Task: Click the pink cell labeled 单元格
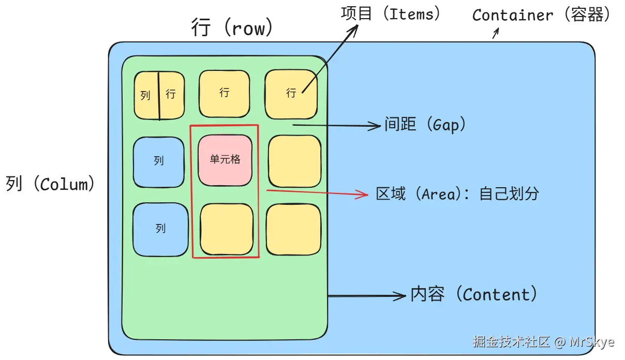[226, 160]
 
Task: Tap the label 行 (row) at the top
[231, 27]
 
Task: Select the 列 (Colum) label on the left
[51, 184]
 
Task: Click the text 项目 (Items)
[391, 13]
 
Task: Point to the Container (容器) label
[541, 15]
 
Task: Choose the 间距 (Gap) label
[425, 125]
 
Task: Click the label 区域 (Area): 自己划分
[457, 194]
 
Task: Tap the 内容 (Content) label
[474, 294]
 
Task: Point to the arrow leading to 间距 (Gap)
[336, 125]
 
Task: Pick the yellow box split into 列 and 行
[159, 95]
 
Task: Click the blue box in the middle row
[158, 161]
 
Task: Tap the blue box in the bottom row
[160, 229]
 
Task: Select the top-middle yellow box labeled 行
[224, 94]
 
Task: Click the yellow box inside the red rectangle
[227, 229]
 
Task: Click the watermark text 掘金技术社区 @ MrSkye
[543, 342]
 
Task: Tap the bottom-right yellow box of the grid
[293, 229]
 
